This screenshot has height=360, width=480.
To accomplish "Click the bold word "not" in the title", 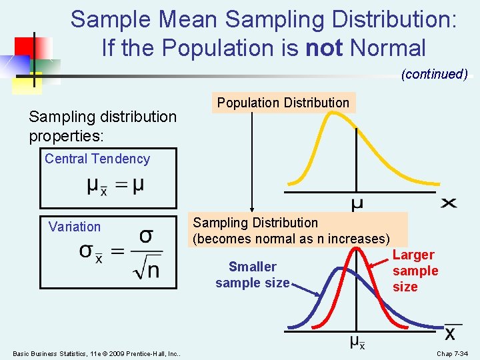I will tap(325, 48).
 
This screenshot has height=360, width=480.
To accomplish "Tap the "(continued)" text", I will tap(434, 74).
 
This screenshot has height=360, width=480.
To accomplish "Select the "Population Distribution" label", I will tap(283, 103).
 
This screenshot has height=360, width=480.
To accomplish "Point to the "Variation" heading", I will tap(75, 227).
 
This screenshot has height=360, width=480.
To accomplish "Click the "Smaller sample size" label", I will tap(252, 275).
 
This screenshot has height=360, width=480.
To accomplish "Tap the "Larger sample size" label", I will tap(415, 271).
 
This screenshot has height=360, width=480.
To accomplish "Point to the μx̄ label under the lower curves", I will tap(357, 343).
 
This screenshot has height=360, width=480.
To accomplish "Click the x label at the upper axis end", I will tap(449, 202).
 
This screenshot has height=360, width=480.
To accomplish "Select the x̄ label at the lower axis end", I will tap(451, 332).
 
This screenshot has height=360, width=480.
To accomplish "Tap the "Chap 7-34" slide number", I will tap(452, 353).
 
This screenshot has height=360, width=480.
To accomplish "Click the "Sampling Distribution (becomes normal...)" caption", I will tap(291, 231).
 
